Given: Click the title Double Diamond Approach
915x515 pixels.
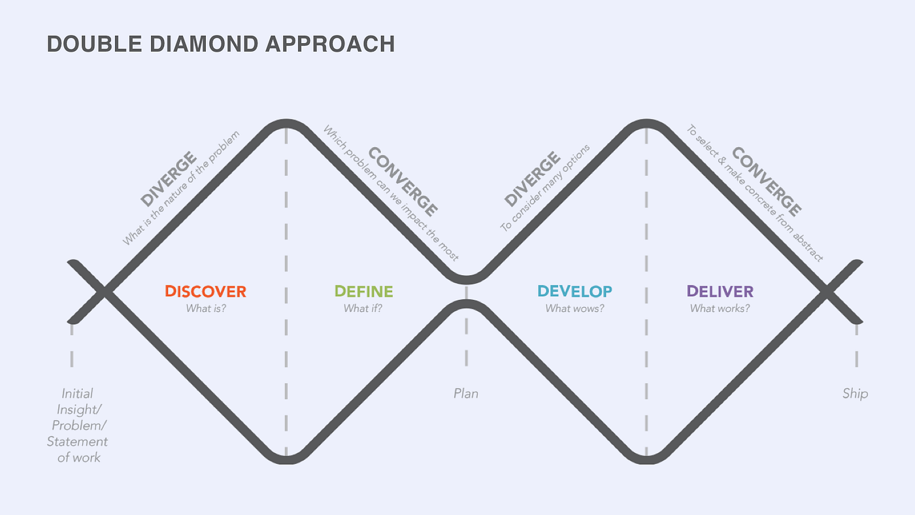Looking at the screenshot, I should tap(221, 44).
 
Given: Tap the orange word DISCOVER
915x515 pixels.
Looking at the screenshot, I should tap(205, 291).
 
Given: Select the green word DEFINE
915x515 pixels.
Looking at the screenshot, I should tap(363, 291).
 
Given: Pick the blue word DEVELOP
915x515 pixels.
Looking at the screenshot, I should tap(574, 291).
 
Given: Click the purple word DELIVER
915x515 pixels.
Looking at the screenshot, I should tap(720, 291).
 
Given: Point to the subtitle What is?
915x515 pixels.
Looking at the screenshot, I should tap(206, 308).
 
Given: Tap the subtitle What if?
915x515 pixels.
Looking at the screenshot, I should tap(363, 308).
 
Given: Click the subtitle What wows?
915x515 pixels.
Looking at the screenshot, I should tap(574, 308).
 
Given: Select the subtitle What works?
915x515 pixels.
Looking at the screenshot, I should tap(720, 308).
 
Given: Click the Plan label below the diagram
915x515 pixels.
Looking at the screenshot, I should tap(466, 393).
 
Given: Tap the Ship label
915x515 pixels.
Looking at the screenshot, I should tap(855, 393).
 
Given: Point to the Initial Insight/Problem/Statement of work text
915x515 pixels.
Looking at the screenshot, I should tap(78, 425).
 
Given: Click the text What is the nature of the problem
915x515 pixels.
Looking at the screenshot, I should tap(181, 189).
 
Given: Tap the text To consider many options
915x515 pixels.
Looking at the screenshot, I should tap(545, 188).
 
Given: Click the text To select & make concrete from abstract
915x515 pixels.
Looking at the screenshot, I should tap(755, 193).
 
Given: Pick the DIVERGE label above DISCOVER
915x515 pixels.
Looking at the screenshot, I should tap(168, 178).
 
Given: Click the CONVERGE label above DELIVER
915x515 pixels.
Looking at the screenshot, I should tap(767, 182).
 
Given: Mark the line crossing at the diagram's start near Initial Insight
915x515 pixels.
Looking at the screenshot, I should tap(105, 291).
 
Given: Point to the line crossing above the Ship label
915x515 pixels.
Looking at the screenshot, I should tap(827, 291).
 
